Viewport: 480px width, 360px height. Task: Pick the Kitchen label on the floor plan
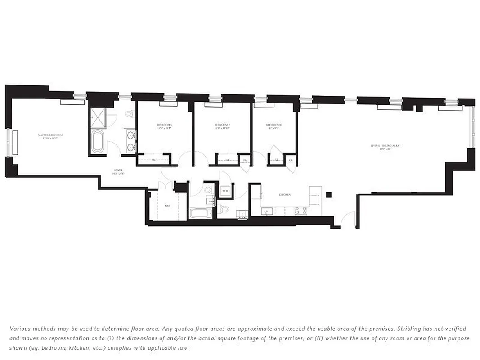(x=284, y=195)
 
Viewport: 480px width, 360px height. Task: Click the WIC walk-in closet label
(x=167, y=206)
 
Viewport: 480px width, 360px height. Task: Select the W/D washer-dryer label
(x=225, y=192)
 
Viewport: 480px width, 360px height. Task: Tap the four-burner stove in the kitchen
(x=300, y=210)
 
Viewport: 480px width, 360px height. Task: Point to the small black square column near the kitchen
(x=329, y=194)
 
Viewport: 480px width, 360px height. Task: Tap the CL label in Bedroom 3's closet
(x=153, y=160)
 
